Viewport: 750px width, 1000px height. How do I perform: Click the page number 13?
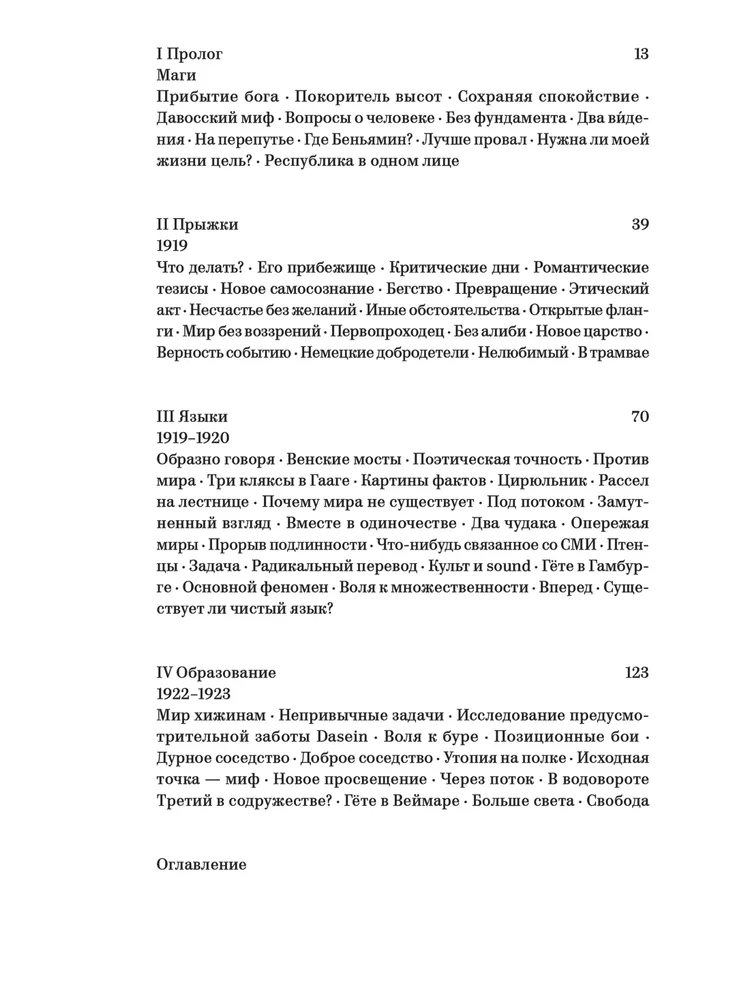641,54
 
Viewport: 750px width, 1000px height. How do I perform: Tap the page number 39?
640,224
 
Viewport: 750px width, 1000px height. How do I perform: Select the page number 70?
640,416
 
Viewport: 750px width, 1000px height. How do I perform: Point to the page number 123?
636,673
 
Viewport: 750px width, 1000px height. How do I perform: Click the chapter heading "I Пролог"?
190,54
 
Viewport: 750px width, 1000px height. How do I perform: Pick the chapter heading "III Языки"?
192,416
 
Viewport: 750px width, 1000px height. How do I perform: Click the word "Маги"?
176,75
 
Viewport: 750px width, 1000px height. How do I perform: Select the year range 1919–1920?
194,438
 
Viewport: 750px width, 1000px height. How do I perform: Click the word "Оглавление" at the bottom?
202,863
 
